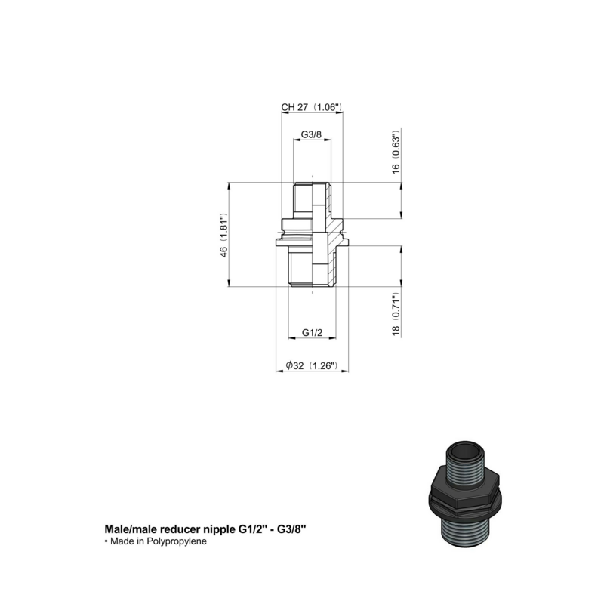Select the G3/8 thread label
[311, 135]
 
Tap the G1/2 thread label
[312, 333]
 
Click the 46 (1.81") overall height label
[224, 236]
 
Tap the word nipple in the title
[217, 531]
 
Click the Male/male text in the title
[129, 531]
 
